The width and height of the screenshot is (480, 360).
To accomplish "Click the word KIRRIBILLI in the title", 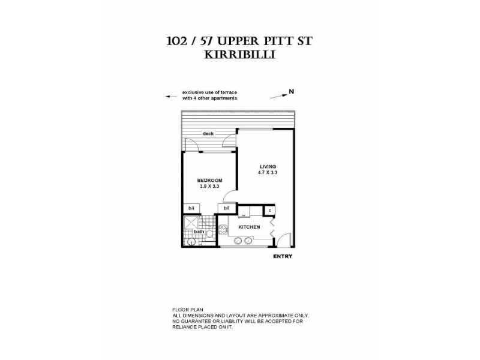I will coord(240,54).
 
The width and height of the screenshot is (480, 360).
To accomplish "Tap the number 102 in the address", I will coord(178,42).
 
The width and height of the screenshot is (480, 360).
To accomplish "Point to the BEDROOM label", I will coord(210,180).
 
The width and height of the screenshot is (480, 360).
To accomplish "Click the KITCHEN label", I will coord(249,227).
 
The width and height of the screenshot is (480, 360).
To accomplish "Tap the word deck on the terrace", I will coord(208,134).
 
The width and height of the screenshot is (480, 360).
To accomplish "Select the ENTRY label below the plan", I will coord(282,256).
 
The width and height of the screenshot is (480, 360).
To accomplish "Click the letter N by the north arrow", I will coord(292,91).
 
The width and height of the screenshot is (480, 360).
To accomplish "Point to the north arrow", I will coord(277,95).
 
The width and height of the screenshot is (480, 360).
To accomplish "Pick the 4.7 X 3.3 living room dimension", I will coord(268,173).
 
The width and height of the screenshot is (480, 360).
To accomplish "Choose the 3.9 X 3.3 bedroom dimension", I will coord(210,187).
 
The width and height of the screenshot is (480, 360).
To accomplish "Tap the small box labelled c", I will coord(269,210).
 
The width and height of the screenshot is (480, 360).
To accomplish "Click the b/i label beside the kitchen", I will coord(226,209).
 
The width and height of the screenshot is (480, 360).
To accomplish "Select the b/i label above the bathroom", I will coord(191,209).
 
